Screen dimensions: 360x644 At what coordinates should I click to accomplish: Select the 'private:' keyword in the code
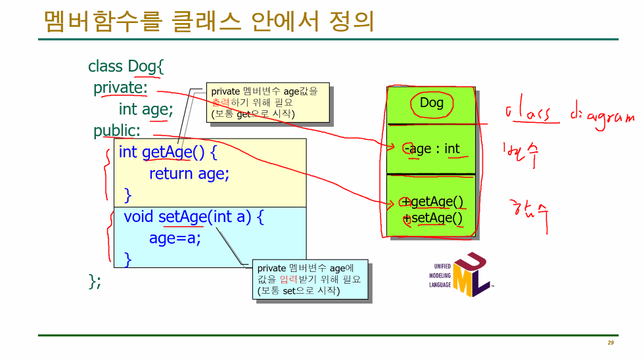(120, 87)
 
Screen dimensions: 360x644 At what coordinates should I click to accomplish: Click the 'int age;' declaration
(146, 109)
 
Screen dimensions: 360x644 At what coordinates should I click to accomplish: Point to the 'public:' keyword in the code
(117, 130)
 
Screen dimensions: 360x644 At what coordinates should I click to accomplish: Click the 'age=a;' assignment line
(175, 238)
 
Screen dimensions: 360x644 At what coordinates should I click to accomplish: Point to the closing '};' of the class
(95, 281)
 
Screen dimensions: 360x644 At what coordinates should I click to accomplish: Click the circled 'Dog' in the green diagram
(432, 102)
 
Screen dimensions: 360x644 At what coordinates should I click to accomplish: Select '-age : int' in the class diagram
(434, 149)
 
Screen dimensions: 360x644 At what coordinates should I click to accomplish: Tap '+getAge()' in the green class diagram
(433, 202)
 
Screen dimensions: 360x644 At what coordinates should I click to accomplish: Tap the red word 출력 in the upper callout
(220, 102)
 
